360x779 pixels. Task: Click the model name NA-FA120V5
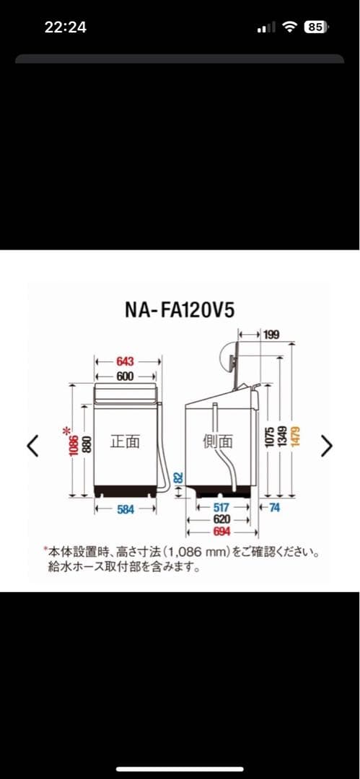tap(180, 310)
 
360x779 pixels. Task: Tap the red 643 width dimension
tap(125, 362)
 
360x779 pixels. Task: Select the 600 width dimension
tap(125, 376)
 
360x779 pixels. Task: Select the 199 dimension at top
tap(271, 335)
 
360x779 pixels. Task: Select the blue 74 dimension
tap(273, 508)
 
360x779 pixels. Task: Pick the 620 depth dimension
tap(221, 519)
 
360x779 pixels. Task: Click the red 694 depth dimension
tap(221, 532)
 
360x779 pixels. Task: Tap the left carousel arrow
tap(32, 446)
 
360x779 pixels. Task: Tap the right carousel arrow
tap(327, 446)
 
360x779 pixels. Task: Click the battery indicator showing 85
tap(316, 28)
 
